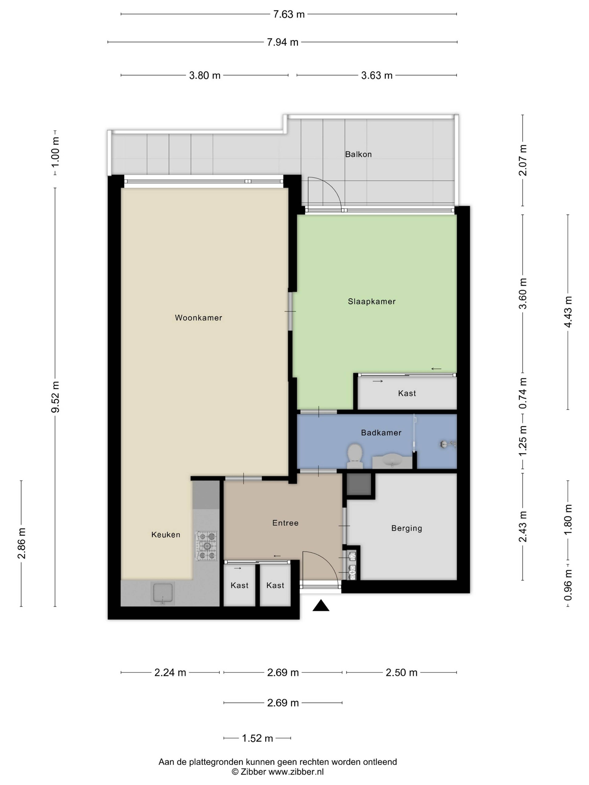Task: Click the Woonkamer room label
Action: pyautogui.click(x=198, y=318)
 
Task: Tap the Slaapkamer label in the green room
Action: pyautogui.click(x=371, y=301)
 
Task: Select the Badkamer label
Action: pyautogui.click(x=381, y=433)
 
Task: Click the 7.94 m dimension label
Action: pyautogui.click(x=283, y=42)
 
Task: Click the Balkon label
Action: pyautogui.click(x=358, y=154)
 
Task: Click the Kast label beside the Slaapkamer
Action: pyautogui.click(x=407, y=393)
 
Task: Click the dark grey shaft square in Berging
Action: pyautogui.click(x=359, y=484)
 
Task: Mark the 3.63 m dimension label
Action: pyautogui.click(x=377, y=75)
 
